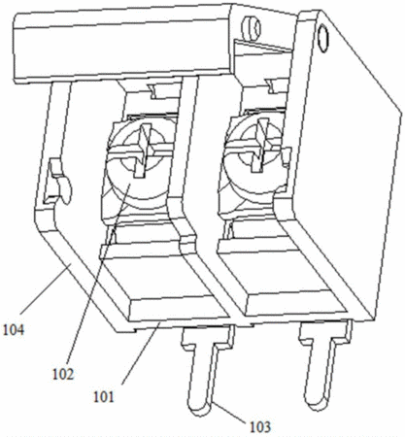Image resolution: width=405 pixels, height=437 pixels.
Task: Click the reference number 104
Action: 14,330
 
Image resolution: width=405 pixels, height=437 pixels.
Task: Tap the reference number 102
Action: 63,374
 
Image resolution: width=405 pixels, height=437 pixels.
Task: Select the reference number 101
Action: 104,396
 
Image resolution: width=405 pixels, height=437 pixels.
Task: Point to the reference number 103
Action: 260,426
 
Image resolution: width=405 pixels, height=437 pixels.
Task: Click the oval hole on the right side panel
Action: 322,39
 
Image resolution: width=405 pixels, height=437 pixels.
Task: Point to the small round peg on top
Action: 252,28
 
